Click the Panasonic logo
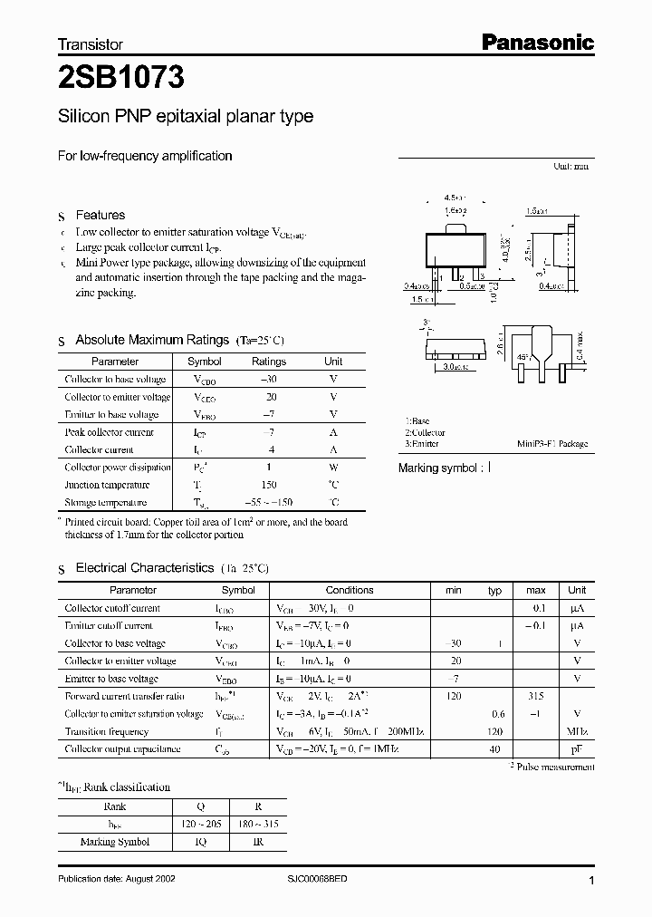[x=536, y=42]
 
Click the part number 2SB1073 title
[x=121, y=79]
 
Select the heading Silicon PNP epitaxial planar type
[x=186, y=117]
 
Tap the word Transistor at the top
[x=90, y=43]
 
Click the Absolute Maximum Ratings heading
[x=152, y=340]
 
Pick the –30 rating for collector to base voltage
[x=268, y=380]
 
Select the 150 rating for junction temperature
[x=268, y=485]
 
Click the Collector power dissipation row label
[x=117, y=468]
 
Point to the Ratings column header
[x=268, y=362]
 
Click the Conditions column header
[x=349, y=590]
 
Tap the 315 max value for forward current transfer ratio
[x=535, y=696]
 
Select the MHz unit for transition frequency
[x=577, y=731]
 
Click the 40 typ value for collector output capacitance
[x=494, y=749]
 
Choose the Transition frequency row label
[x=106, y=731]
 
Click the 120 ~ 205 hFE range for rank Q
[x=199, y=824]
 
